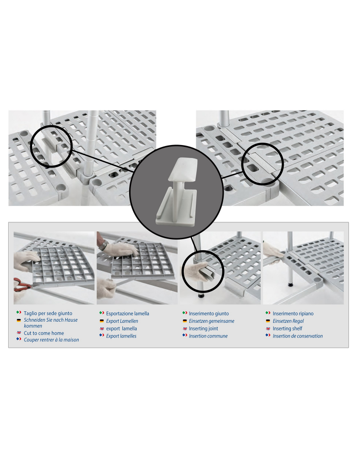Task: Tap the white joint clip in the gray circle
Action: pos(177,192)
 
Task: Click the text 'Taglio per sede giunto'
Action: pos(48,313)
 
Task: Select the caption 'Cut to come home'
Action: pos(44,333)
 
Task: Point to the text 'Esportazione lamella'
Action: pos(128,314)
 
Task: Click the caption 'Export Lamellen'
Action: pos(122,321)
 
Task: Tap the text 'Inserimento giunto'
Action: pos(209,314)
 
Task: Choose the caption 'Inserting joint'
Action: pos(204,328)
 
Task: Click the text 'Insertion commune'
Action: pos(208,336)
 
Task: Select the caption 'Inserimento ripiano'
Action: pos(293,314)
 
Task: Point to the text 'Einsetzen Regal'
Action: pos(288,321)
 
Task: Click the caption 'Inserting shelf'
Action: pos(288,328)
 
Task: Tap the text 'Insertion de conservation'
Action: pos(298,336)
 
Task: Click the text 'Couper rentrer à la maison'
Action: pos(51,340)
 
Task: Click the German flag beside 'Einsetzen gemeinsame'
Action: pos(185,321)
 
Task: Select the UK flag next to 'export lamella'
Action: pos(102,328)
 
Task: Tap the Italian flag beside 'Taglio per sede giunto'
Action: pos(19,313)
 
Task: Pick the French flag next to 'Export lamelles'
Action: pos(102,335)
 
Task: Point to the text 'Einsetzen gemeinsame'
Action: pos(212,321)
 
